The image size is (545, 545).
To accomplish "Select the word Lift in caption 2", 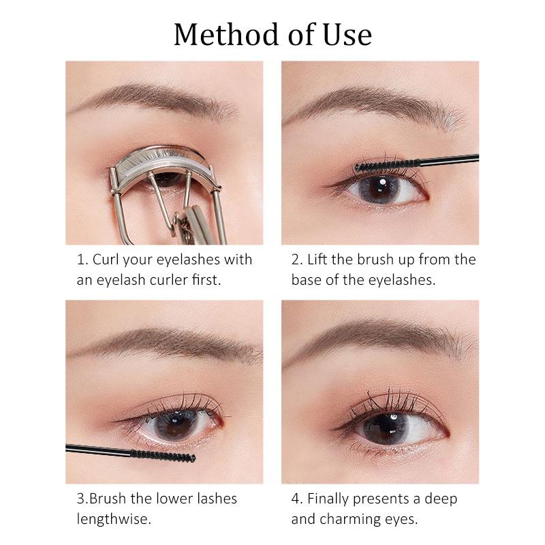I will (x=318, y=260).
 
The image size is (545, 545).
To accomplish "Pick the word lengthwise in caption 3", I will (x=113, y=519).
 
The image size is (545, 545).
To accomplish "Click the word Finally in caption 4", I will (x=331, y=499).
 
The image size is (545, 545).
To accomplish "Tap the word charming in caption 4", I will (x=350, y=519).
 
